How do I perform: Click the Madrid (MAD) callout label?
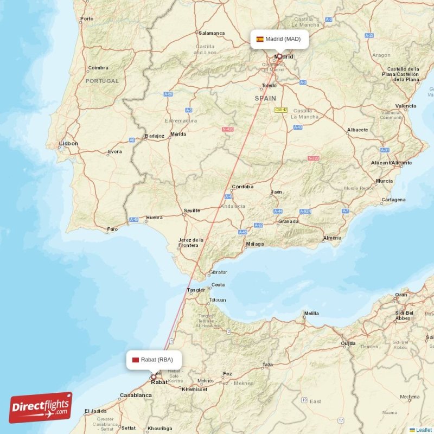279,39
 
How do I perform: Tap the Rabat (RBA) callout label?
154,359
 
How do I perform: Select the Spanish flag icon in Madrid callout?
260,39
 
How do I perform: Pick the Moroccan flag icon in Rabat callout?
135,359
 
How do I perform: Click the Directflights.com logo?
40,407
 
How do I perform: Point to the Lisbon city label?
68,144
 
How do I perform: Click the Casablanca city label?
136,395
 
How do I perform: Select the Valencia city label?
406,106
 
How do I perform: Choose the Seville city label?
192,210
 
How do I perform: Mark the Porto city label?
87,19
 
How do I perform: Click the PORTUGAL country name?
101,81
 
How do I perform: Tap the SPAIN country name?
266,99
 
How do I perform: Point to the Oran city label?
401,295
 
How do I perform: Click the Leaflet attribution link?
424,430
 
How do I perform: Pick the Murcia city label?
384,181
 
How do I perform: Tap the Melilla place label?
311,313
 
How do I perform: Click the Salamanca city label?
212,33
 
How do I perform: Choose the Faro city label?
112,229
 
